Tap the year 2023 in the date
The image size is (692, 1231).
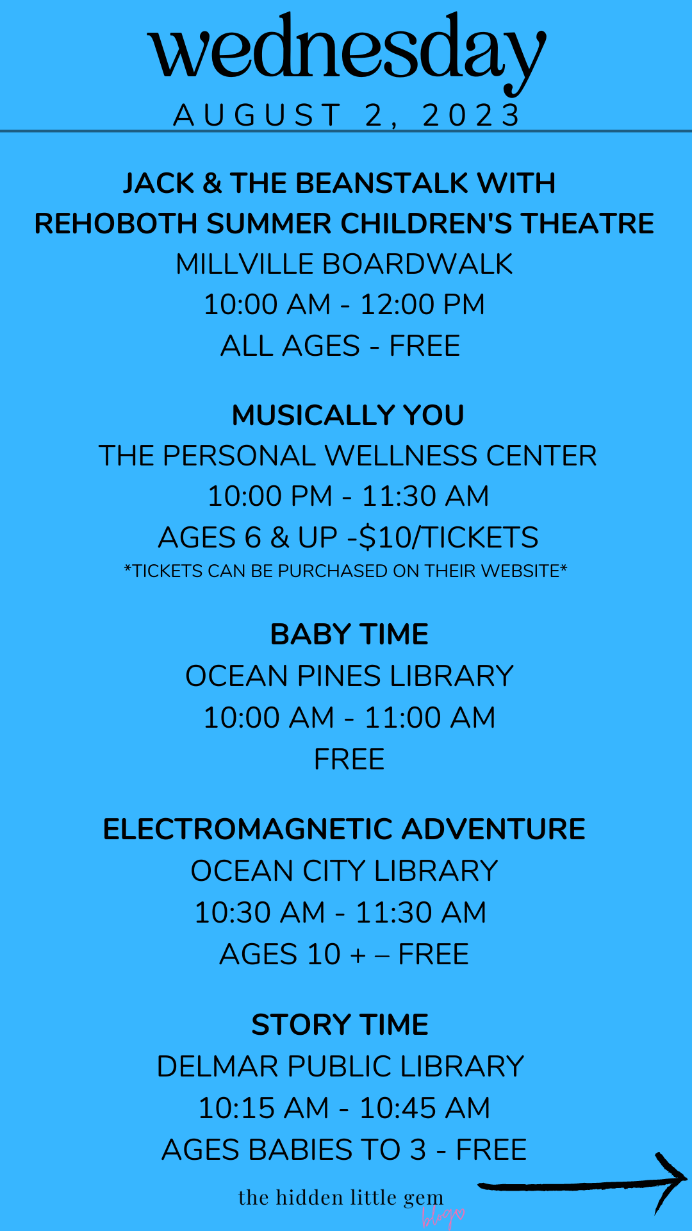(x=472, y=115)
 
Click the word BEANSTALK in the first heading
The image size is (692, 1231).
(x=383, y=183)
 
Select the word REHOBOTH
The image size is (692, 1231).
(x=115, y=224)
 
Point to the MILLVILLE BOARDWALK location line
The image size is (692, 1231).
(x=345, y=264)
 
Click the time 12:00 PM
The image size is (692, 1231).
(x=423, y=305)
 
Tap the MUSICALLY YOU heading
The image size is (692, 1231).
(x=348, y=415)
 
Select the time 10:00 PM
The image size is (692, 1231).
(x=270, y=496)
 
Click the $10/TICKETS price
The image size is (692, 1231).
(x=449, y=537)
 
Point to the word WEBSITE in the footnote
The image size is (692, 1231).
(x=521, y=571)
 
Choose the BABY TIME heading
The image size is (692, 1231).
(x=349, y=635)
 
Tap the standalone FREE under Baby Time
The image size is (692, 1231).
(x=349, y=760)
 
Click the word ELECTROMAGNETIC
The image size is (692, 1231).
(x=248, y=829)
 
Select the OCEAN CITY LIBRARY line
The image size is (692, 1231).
(x=345, y=871)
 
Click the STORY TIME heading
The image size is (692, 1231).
(x=340, y=1025)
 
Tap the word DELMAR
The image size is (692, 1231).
(x=218, y=1066)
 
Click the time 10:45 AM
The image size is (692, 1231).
(x=425, y=1108)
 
